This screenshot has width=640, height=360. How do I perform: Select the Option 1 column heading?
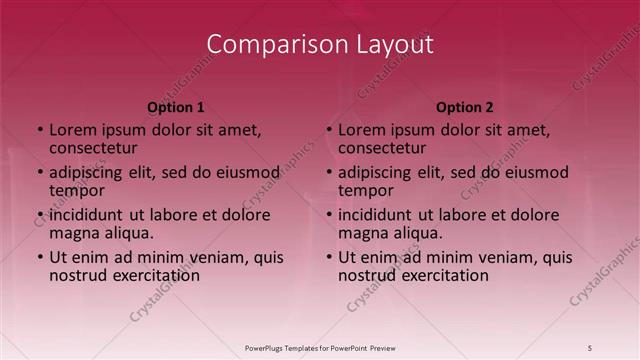(176, 107)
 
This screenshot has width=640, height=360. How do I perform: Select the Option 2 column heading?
(465, 107)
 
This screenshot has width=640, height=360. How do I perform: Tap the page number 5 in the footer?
(590, 347)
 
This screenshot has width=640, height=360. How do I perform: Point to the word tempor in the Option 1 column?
(77, 191)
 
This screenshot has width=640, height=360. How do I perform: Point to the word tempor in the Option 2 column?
(366, 191)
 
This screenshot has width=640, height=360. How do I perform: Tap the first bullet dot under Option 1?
(40, 130)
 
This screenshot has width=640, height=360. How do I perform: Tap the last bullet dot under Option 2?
(329, 257)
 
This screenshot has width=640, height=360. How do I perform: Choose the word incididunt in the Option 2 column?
(382, 214)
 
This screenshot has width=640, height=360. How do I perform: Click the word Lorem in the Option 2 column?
(362, 129)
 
